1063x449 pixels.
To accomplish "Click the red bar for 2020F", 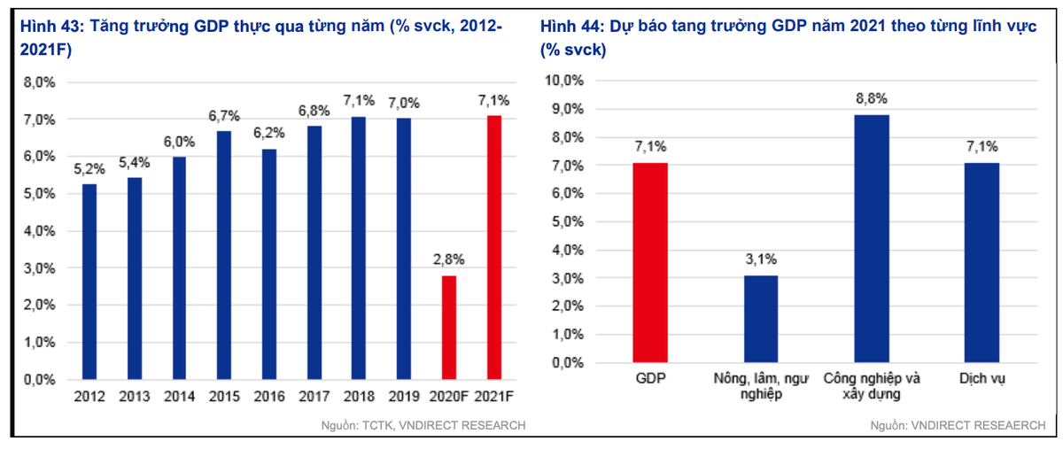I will click(449, 328).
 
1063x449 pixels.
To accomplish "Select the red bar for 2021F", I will click(494, 247).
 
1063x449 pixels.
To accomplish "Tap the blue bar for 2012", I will click(89, 282).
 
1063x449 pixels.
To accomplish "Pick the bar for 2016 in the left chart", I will click(269, 264).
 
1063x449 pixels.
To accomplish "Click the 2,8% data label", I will click(449, 259).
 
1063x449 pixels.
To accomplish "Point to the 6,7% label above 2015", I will click(224, 116).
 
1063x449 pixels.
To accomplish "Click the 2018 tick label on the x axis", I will click(359, 398).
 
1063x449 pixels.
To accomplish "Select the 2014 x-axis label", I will click(179, 398).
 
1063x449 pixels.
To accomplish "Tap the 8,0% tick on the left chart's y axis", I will click(39, 82).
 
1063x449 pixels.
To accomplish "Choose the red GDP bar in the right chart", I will click(650, 262).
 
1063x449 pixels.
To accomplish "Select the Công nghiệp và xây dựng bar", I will click(872, 238).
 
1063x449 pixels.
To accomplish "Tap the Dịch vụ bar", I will click(982, 262).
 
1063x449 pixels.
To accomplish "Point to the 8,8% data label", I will click(872, 98).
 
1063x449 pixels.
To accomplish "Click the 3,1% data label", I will click(761, 259).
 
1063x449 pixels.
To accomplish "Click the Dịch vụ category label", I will click(982, 379).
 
